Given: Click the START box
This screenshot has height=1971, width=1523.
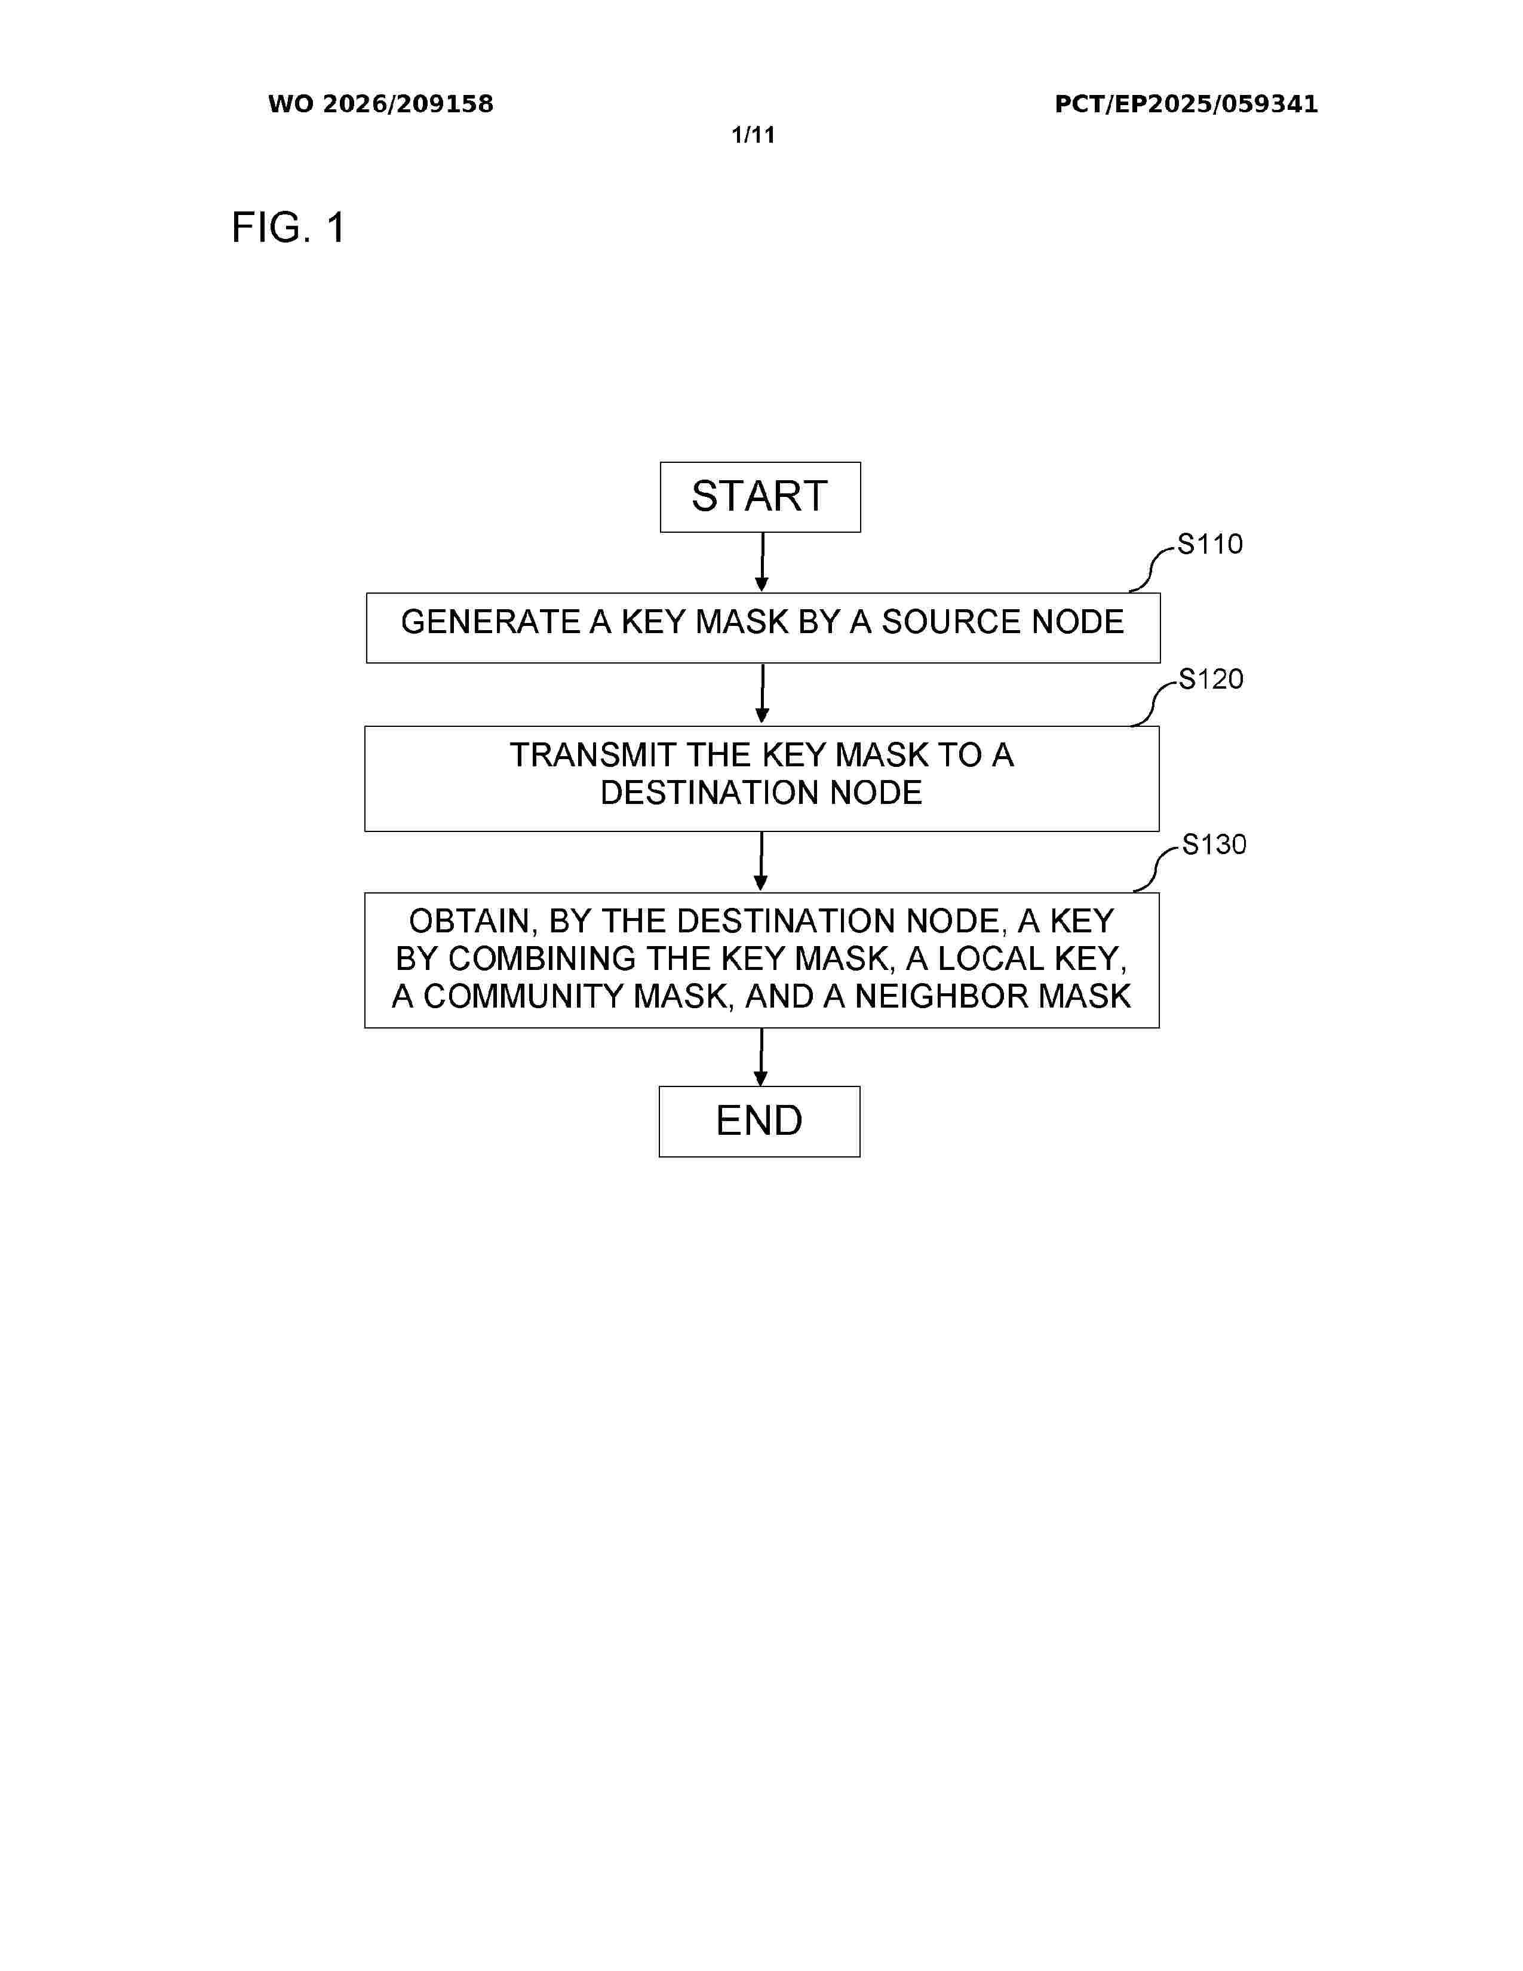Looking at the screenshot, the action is [x=760, y=498].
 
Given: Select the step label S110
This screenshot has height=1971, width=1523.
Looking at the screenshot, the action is [x=1210, y=544].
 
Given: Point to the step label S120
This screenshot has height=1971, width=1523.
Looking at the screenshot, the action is [x=1211, y=679].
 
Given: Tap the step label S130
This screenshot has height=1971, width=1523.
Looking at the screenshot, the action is [x=1214, y=845].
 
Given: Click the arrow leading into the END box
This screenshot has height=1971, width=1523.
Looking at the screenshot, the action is [x=760, y=1057].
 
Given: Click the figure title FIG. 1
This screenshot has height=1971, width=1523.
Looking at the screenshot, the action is [x=288, y=228].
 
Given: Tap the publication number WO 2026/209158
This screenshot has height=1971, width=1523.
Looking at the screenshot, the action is [x=381, y=104].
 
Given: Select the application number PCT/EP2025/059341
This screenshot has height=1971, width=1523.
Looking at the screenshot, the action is [x=1187, y=104].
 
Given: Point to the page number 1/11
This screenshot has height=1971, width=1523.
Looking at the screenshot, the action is [x=753, y=136].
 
